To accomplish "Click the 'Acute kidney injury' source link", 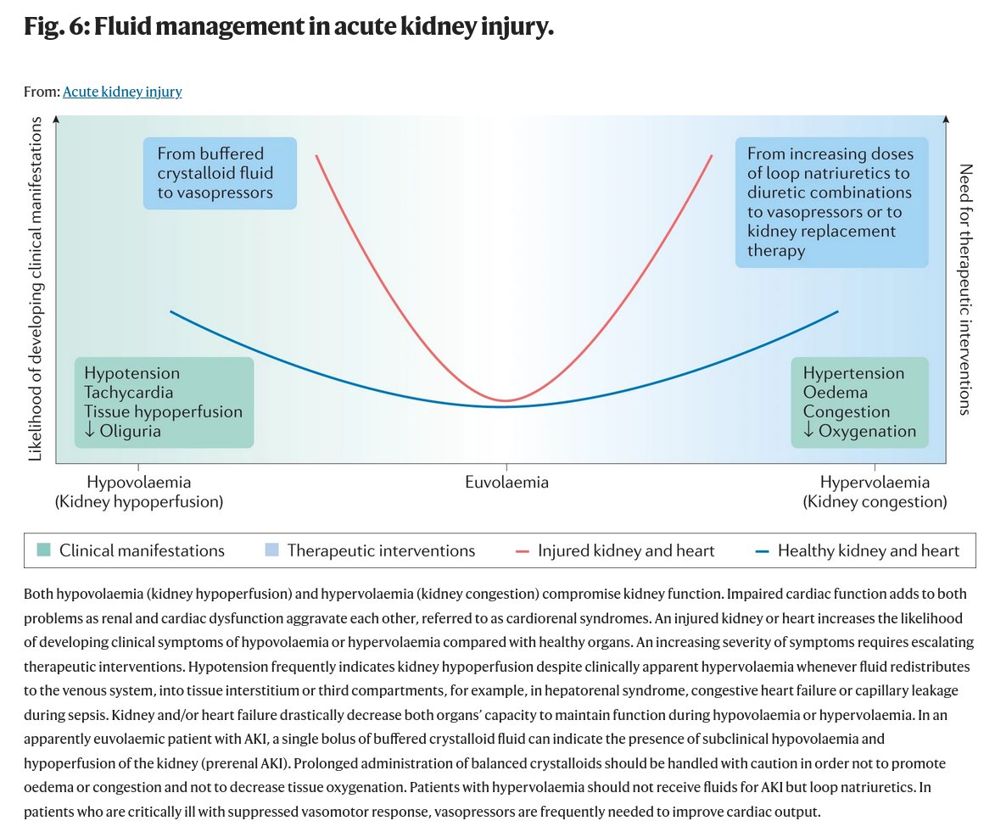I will tap(122, 92).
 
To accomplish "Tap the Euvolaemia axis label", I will tap(506, 483).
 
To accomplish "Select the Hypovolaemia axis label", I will tap(139, 483).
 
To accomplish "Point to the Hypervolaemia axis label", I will tap(875, 483).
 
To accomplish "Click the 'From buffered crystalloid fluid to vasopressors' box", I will tap(220, 173).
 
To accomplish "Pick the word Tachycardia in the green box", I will tap(129, 393).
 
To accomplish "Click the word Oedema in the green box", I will tap(835, 393).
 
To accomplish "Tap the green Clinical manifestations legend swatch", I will tap(45, 551).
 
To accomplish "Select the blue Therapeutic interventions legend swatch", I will tap(272, 551).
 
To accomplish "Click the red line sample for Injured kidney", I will tap(523, 551).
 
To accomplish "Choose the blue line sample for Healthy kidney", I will tap(762, 551).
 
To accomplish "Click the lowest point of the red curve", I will tap(506, 400).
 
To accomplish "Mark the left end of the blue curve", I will tap(171, 311).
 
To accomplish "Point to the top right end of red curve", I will tap(712, 155).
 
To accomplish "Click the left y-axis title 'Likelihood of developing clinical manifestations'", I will tap(36, 288).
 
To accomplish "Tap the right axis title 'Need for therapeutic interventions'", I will tap(964, 288).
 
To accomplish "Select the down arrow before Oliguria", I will tap(90, 432).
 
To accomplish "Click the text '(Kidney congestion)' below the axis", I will tap(875, 502).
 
